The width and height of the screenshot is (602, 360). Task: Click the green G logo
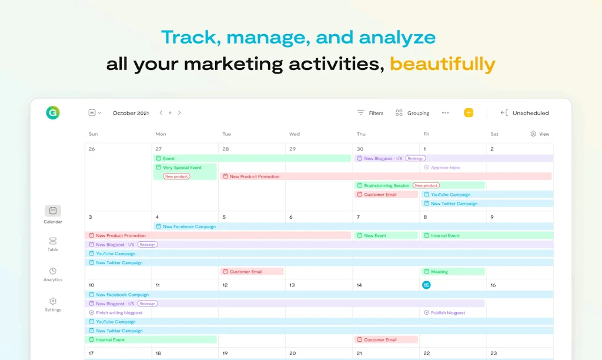53,112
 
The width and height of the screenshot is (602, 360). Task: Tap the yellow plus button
469,112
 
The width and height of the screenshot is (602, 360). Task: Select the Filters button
370,113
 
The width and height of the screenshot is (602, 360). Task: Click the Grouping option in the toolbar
413,113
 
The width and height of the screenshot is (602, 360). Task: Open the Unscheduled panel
524,113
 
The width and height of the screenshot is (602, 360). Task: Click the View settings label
540,134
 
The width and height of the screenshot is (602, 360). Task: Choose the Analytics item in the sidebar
53,274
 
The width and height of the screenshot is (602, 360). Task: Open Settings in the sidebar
53,304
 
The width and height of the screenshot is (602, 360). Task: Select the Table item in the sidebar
53,244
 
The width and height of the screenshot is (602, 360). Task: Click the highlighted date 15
426,285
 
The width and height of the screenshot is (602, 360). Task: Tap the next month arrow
179,112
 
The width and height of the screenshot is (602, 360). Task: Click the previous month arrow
161,112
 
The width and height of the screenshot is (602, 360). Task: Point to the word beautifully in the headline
442,64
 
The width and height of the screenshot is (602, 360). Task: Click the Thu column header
361,134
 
